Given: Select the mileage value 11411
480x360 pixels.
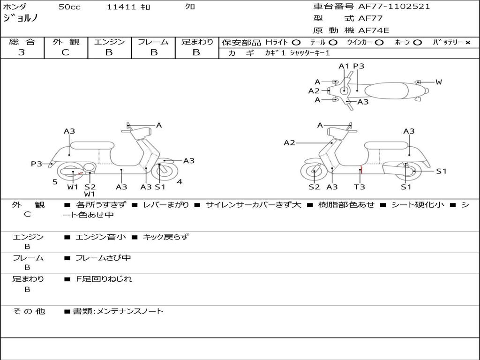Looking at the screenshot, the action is point(121,7).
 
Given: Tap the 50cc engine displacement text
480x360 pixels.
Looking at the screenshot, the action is point(69,7).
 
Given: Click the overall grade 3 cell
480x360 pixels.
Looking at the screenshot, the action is point(22,52).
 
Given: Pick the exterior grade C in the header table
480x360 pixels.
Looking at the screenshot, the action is point(66,52).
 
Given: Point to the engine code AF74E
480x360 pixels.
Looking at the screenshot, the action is point(374,30).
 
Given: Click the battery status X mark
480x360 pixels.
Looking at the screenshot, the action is point(467,42).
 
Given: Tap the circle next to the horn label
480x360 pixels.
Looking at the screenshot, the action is point(418,42).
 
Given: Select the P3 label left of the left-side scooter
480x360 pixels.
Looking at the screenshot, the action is point(37,164).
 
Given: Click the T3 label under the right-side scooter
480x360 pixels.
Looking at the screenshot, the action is point(360,187).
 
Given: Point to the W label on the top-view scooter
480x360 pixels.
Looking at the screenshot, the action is point(438,82).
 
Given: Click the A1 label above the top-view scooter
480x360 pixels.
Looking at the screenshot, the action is point(344,66).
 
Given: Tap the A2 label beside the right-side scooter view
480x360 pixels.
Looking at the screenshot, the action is point(289,142).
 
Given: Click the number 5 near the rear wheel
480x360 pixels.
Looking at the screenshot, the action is point(55,181).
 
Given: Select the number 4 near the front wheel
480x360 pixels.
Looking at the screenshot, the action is point(180,181).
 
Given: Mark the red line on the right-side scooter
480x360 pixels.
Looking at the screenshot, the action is point(361,170).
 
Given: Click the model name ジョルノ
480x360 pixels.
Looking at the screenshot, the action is point(21,19).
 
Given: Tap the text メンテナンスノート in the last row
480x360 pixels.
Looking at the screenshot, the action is point(130,311).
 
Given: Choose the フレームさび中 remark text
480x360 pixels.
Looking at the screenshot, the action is point(103,258).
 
